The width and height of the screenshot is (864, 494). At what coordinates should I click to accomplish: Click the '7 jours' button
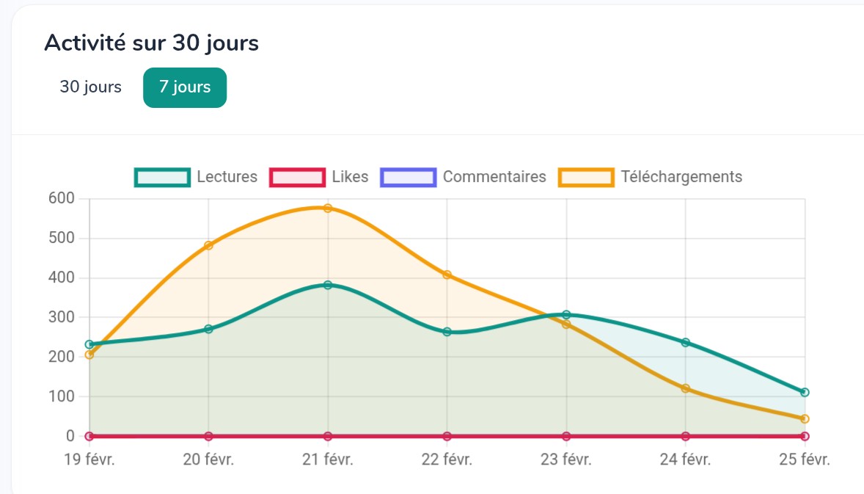pos(185,87)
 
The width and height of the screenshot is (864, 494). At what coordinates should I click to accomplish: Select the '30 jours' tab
pos(91,87)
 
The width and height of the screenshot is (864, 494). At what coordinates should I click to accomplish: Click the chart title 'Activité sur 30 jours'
pos(151,43)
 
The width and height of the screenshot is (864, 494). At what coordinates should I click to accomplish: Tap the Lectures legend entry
pos(197,177)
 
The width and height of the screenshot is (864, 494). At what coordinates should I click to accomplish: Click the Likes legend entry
pos(320,177)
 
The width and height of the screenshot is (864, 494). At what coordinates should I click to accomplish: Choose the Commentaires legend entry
pos(464,177)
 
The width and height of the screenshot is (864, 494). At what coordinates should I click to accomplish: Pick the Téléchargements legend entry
pos(651,177)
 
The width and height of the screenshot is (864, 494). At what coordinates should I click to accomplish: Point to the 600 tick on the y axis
pos(61,198)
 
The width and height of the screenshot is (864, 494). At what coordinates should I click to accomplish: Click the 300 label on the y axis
pos(61,317)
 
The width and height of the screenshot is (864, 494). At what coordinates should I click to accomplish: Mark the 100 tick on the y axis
pos(61,396)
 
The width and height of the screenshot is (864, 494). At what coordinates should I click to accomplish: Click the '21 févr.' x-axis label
pos(328,460)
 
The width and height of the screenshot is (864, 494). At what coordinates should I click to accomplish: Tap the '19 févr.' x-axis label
pos(89,460)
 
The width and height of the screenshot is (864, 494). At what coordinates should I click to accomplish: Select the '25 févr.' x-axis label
pos(805,460)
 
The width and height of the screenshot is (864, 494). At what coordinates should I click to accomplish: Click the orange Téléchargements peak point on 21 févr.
pos(328,208)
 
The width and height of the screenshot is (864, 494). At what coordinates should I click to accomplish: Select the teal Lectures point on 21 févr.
pos(328,285)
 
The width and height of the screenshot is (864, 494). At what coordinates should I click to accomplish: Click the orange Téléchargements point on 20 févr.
pos(208,245)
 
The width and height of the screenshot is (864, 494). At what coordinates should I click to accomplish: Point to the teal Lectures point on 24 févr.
pos(685,342)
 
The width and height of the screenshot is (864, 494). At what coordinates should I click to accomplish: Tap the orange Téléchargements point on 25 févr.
pos(805,418)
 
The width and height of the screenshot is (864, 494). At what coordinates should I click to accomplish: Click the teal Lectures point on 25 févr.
pos(805,392)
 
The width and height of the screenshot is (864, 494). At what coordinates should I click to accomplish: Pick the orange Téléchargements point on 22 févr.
pos(447,275)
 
